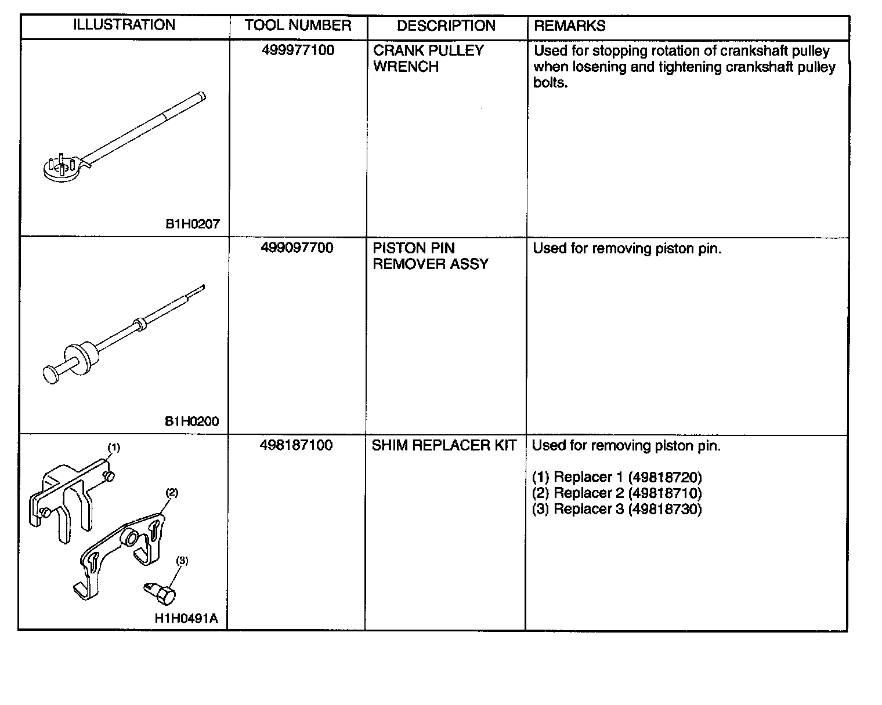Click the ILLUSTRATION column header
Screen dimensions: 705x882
124,25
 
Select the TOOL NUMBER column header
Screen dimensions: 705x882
298,26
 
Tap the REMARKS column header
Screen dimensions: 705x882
569,26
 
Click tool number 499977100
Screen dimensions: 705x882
298,50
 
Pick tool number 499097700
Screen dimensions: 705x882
297,248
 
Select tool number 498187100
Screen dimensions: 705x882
297,445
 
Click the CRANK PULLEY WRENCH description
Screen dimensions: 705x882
428,59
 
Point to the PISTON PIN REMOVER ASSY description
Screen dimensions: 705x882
430,256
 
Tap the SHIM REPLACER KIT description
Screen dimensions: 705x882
444,446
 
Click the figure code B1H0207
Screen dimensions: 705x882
193,224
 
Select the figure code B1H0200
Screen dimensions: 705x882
192,421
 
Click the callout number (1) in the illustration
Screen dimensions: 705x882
114,448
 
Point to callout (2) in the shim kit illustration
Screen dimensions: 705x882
172,493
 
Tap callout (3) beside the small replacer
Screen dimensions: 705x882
182,561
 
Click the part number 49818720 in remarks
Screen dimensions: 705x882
665,477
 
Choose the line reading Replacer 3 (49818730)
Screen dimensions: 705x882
617,509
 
